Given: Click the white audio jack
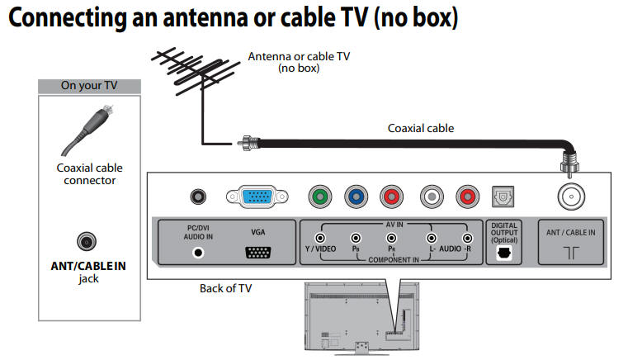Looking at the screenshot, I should coord(431,197).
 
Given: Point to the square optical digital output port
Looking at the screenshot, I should coord(502,197).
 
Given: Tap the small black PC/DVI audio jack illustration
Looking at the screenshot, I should coord(197,197).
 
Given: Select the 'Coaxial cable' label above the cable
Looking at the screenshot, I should coord(421,128).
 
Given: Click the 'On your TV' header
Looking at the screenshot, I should coord(89,85).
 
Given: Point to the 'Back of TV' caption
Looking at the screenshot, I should coord(225,288).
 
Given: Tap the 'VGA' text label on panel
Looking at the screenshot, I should coord(258,234).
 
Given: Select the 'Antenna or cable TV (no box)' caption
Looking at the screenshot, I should coord(299,62).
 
